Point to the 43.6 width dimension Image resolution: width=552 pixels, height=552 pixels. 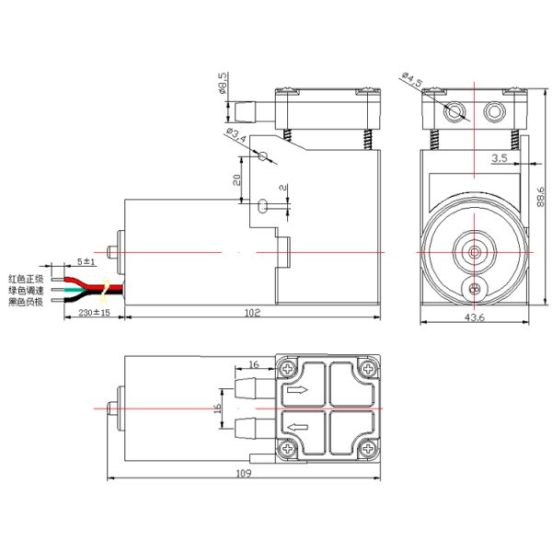coord(475,317)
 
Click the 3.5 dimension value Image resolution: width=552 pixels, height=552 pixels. coord(500,159)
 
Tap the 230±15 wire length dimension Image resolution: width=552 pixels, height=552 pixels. coord(91,313)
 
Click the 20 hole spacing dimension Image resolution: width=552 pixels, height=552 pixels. coord(236,181)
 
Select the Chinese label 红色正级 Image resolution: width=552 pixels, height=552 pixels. coord(26,277)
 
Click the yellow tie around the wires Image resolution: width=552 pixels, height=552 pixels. coord(107,291)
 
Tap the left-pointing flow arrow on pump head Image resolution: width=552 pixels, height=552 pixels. coord(297,427)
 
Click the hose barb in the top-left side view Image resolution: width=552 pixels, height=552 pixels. coord(242,112)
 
